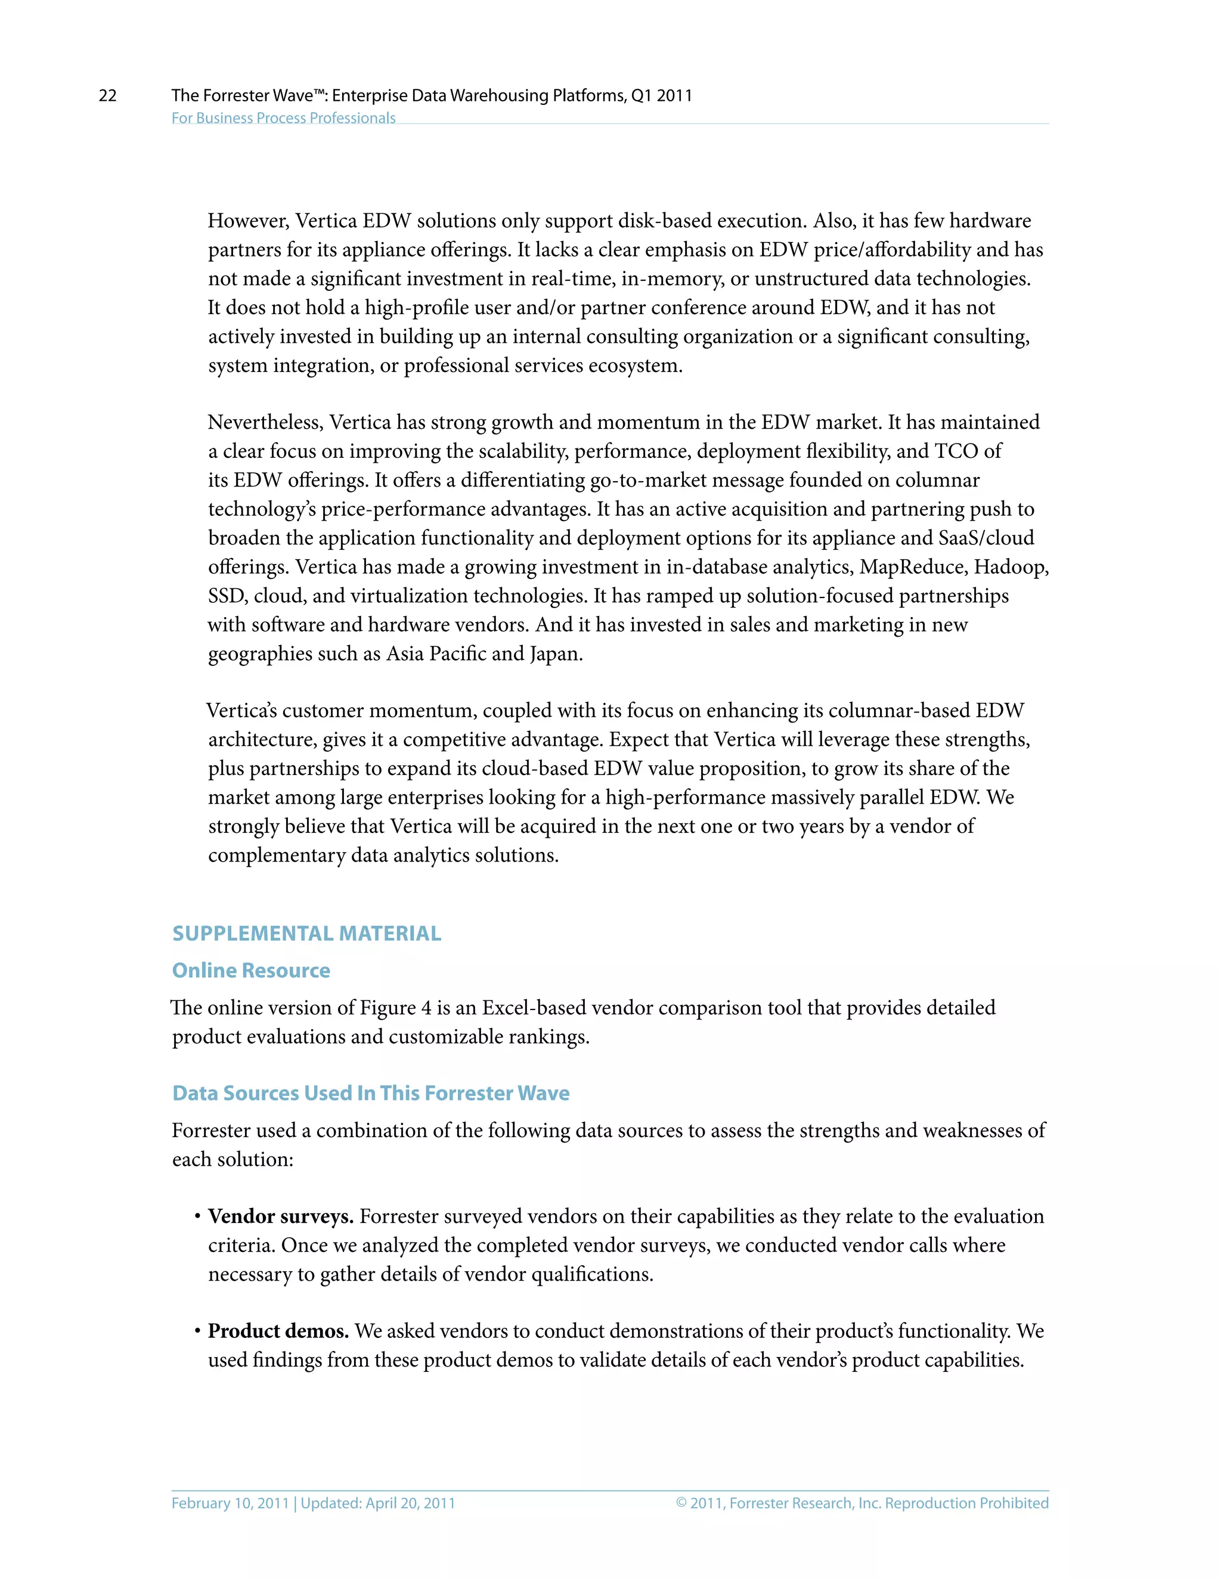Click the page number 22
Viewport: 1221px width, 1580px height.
pyautogui.click(x=107, y=95)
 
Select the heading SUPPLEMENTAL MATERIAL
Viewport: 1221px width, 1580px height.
pyautogui.click(x=306, y=933)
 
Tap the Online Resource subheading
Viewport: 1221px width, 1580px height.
pyautogui.click(x=250, y=970)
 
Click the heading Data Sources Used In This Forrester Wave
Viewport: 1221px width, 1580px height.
pyautogui.click(x=370, y=1092)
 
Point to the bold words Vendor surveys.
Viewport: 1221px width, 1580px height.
pyautogui.click(x=280, y=1216)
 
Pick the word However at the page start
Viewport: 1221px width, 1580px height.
pyautogui.click(x=247, y=221)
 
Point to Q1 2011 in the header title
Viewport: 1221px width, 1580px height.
pyautogui.click(x=661, y=95)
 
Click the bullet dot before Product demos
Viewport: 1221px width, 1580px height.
pyautogui.click(x=197, y=1331)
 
